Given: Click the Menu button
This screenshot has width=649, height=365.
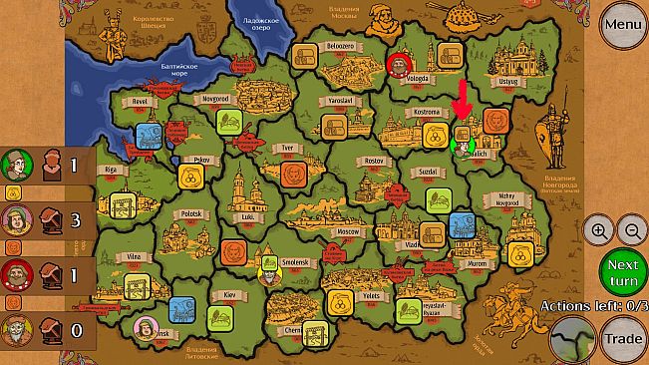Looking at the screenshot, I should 622,24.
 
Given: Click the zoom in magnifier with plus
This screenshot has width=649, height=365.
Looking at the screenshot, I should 598,230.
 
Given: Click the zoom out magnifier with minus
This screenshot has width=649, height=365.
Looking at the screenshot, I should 632,230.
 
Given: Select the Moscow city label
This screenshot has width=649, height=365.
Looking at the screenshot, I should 348,231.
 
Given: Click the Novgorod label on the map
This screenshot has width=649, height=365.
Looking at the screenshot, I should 191,100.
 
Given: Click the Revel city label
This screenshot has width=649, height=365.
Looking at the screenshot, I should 136,101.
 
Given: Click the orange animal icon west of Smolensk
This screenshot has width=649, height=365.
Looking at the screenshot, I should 234,248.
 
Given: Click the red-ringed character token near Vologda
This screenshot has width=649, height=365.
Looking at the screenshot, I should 398,65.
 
